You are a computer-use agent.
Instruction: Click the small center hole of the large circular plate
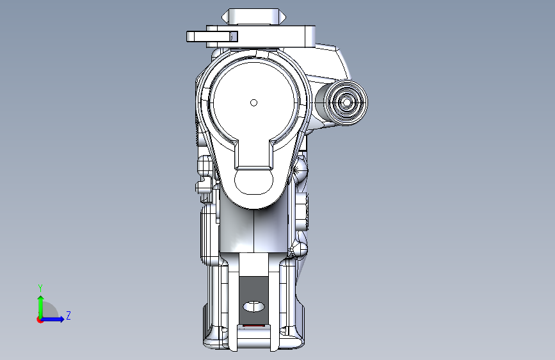tap(253, 102)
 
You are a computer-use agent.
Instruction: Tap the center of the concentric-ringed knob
tap(346, 102)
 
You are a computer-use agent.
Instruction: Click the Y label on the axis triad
tap(40, 288)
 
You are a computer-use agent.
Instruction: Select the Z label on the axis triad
tap(68, 315)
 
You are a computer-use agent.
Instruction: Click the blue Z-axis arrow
tap(52, 319)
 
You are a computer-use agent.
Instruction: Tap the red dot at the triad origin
tap(40, 320)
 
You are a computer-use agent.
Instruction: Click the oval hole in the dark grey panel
tap(253, 306)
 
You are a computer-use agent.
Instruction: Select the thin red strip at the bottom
tap(253, 325)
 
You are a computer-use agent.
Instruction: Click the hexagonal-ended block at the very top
tap(253, 17)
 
